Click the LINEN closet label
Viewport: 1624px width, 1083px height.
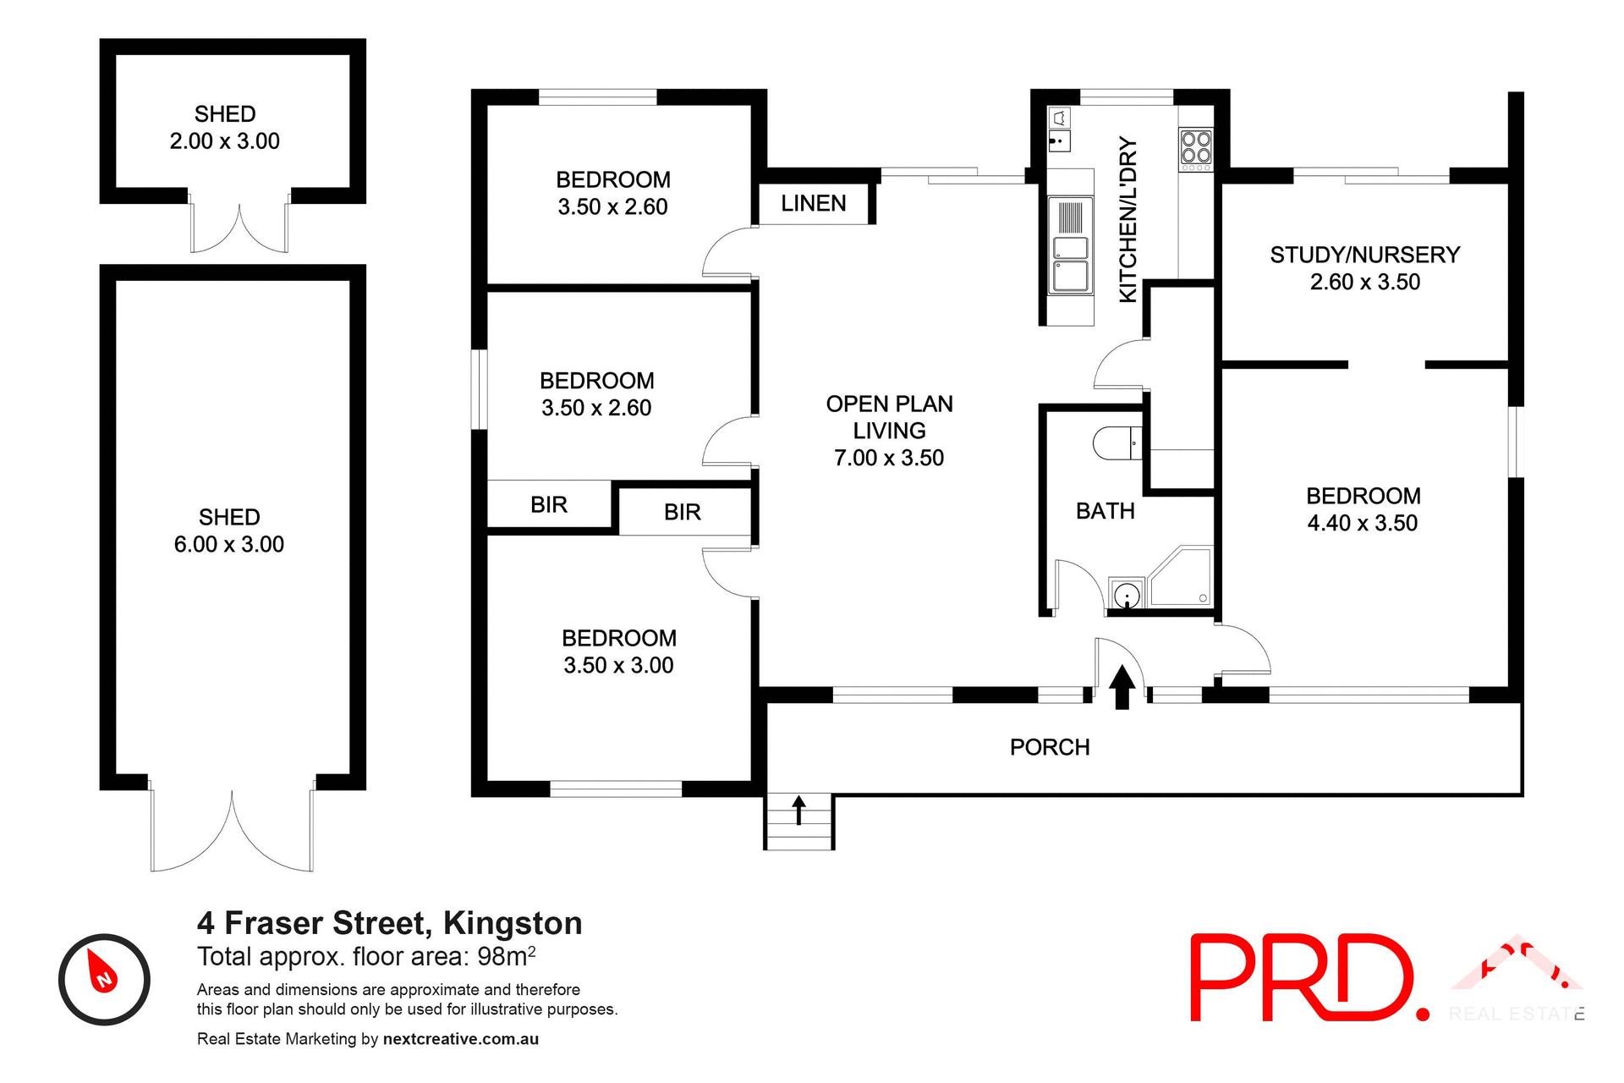(813, 204)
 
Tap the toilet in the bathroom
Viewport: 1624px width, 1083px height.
(1115, 443)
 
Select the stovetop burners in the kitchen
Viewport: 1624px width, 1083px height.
(1196, 146)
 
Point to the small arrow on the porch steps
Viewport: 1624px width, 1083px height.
(798, 810)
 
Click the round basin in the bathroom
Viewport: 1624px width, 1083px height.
(1127, 596)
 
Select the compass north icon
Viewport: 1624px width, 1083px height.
(104, 979)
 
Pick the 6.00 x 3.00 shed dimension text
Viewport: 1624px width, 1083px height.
(229, 544)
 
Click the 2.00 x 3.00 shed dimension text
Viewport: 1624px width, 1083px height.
(224, 141)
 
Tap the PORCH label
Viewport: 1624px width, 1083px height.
(1050, 747)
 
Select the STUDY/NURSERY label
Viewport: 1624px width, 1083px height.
(1364, 255)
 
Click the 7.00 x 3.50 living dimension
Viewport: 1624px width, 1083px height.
(889, 458)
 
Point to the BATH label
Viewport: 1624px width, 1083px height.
(1105, 511)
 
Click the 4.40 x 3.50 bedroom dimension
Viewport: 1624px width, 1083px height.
(1362, 523)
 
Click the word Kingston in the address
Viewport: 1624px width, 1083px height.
(513, 923)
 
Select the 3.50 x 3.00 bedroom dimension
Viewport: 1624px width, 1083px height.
(618, 665)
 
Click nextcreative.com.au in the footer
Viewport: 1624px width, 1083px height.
(460, 1039)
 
